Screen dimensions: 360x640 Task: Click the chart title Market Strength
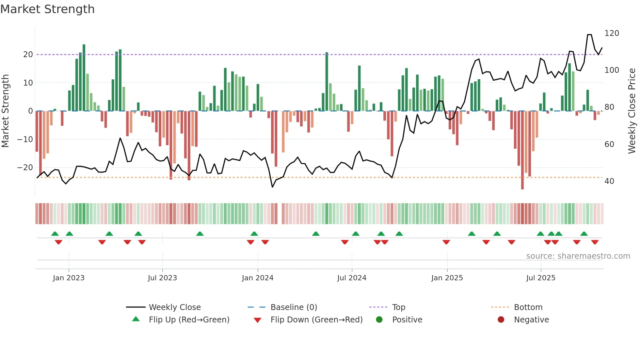pos(47,9)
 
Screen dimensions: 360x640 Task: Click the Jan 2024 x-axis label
pos(258,278)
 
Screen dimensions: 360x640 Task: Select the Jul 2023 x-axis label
pos(162,278)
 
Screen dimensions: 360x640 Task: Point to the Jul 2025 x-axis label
pos(541,278)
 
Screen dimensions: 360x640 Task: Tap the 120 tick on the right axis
pos(612,33)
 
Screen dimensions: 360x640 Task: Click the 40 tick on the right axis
pos(609,181)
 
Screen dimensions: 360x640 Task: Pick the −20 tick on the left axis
pos(25,168)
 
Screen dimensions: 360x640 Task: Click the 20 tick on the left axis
pos(28,55)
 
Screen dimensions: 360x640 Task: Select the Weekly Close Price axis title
pos(632,111)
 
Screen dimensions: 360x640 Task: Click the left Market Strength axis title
pos(6,111)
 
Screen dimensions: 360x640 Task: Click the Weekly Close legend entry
pos(174,307)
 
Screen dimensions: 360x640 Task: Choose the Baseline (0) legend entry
pos(294,307)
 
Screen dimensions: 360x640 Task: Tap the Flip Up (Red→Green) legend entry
pos(189,320)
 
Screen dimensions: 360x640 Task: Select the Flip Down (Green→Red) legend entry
pos(316,320)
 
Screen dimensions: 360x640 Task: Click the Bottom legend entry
pos(528,307)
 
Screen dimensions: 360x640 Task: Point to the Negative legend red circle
pos(501,320)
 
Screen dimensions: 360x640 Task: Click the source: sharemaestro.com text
pos(578,256)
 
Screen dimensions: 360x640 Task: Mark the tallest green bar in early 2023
pos(84,78)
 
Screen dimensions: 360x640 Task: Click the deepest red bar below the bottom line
pos(522,150)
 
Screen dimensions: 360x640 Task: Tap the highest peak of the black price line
pos(589,35)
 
